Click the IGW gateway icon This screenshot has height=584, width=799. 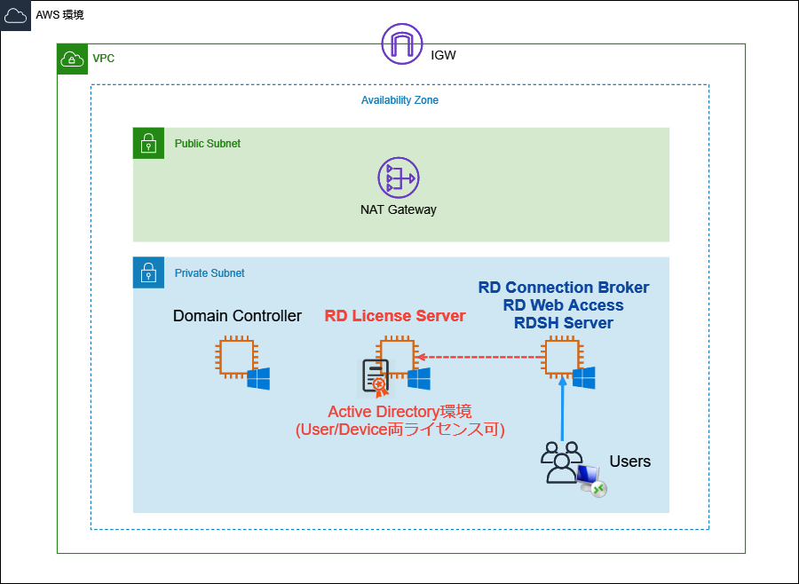[x=402, y=43]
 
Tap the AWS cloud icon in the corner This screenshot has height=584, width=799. [x=16, y=15]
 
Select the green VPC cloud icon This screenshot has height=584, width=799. [x=72, y=59]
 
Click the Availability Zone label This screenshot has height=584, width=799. [x=399, y=100]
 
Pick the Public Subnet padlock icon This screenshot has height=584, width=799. [x=148, y=143]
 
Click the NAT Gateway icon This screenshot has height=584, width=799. [x=398, y=178]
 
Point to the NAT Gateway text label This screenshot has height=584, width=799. [x=398, y=210]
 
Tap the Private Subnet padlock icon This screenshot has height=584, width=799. [x=148, y=273]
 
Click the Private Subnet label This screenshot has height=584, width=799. [x=210, y=273]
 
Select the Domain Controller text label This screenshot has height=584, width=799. [x=237, y=316]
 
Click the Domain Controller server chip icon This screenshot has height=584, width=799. [x=235, y=358]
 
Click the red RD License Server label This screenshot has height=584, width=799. [x=395, y=316]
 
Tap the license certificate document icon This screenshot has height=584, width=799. [x=375, y=377]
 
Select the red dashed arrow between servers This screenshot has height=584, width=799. [x=479, y=358]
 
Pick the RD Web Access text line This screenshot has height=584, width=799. [x=563, y=305]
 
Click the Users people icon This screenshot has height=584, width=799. [x=561, y=462]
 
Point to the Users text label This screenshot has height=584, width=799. [x=629, y=462]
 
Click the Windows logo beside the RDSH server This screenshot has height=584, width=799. [x=583, y=378]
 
